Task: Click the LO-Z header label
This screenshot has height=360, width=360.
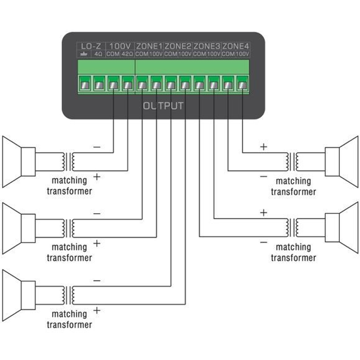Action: [x=91, y=46]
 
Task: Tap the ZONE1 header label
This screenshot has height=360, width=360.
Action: [x=149, y=46]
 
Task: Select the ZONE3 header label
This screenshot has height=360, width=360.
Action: [x=206, y=46]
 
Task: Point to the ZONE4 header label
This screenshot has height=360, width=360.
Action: [x=235, y=46]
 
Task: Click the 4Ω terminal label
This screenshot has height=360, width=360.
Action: [x=98, y=54]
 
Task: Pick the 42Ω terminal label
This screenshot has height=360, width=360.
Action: [x=127, y=54]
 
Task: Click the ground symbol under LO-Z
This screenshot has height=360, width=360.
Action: [x=84, y=55]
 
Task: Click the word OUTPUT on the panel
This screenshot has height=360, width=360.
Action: [x=163, y=106]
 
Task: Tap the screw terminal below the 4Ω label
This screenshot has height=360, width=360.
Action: [x=99, y=84]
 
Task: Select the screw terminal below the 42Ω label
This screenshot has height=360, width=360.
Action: [x=128, y=84]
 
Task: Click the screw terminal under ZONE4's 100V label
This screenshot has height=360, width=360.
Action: [x=242, y=84]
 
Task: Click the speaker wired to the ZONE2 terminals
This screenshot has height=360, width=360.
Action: [x=19, y=295]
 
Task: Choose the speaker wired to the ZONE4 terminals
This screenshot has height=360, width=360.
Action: [x=341, y=162]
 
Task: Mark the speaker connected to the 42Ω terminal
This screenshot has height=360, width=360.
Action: [x=19, y=162]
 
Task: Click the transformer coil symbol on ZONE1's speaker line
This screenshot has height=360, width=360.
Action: [x=68, y=228]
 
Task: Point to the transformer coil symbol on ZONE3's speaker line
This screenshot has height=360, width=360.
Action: [x=292, y=227]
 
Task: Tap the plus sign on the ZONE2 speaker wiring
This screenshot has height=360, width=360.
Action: [x=97, y=310]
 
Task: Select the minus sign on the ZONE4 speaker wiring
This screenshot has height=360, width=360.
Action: [x=264, y=176]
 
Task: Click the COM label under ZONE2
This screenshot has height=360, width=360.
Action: [x=171, y=54]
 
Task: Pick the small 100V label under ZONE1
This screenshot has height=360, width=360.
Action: [x=156, y=54]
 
